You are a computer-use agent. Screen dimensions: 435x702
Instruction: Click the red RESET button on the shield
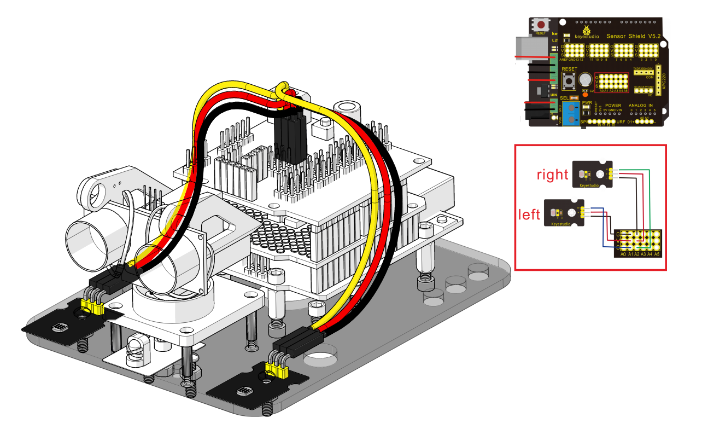tap(541, 25)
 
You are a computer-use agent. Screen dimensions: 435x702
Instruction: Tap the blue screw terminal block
tap(571, 113)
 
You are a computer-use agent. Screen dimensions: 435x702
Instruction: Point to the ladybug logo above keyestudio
tap(587, 29)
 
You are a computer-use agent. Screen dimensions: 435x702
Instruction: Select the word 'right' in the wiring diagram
tap(552, 175)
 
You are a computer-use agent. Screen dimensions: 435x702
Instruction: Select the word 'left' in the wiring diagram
tap(529, 214)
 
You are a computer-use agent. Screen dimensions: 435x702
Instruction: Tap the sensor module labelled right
tap(592, 174)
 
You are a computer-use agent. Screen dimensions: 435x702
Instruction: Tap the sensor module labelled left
tap(563, 213)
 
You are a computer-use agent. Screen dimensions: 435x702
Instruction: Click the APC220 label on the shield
tap(659, 82)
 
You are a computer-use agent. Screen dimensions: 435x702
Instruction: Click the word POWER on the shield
tap(613, 105)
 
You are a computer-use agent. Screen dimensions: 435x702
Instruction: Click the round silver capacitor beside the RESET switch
tap(585, 80)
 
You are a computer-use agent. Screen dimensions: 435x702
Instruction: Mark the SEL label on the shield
tap(564, 97)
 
